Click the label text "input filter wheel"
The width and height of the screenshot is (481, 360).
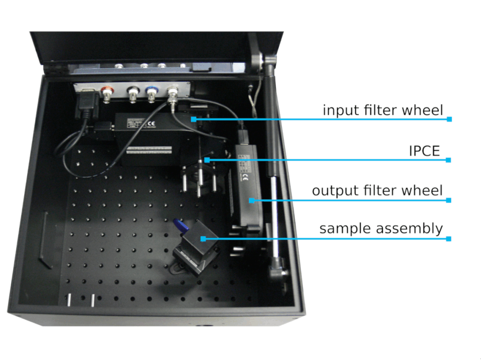point(382,110)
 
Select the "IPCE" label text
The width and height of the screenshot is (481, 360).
point(425,151)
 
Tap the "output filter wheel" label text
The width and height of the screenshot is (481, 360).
point(377,191)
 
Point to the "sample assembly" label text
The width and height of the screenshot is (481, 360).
point(381,229)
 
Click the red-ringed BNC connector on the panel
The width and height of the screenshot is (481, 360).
point(107,94)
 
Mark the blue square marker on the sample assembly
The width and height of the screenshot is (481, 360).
point(203,238)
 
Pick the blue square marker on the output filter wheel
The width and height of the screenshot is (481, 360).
point(252,200)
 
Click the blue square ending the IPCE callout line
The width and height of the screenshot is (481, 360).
point(449,160)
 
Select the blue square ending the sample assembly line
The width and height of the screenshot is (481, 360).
point(449,239)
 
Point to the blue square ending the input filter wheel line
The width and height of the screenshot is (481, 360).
point(449,119)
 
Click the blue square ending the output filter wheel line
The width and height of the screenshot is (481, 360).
point(449,200)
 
